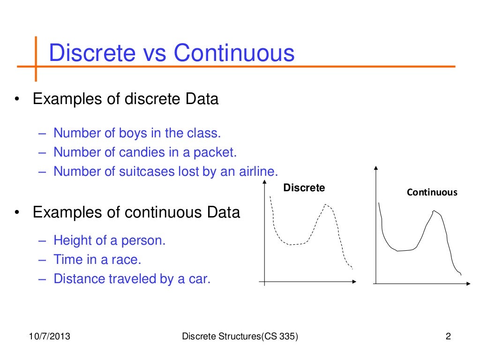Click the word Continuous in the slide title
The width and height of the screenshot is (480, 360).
pos(234,53)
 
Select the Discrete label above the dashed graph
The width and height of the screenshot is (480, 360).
pos(304,188)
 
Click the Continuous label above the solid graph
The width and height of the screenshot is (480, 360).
pos(432,192)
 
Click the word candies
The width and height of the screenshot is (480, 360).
pos(142,152)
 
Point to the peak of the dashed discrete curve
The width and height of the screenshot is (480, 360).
pos(325,205)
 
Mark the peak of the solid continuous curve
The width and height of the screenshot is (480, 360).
pos(435,211)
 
